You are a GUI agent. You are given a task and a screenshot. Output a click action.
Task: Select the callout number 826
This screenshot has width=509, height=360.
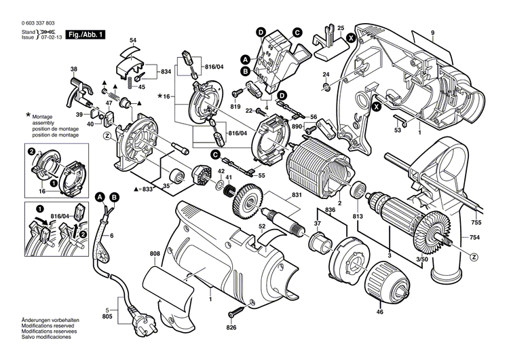point(232,329)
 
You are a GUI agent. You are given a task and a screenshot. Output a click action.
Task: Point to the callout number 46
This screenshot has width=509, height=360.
point(379,312)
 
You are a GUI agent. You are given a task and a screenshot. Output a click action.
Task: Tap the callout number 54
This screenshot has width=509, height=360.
point(132,40)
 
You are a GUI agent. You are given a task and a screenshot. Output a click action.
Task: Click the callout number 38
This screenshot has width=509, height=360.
point(74,69)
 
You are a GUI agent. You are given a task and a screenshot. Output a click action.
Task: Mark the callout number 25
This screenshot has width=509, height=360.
point(341,27)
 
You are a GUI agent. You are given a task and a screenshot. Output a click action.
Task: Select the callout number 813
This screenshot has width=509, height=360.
point(357,217)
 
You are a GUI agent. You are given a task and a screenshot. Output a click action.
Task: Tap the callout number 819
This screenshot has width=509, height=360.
point(235,106)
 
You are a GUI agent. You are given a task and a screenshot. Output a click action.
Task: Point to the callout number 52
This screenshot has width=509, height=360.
point(261,226)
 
